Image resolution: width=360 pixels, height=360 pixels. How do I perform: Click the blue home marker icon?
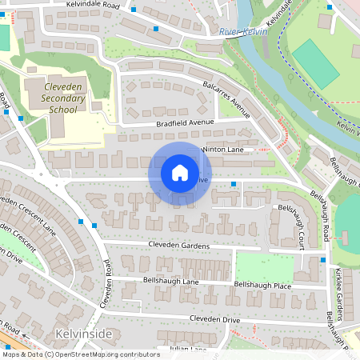pos(180,173)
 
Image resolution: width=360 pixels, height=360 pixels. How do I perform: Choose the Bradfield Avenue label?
pos(186,122)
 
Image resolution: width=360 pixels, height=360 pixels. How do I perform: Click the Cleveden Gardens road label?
pos(178,245)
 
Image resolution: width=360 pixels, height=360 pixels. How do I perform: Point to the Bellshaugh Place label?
pos(261,285)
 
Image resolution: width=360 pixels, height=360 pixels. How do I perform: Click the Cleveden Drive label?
pos(214,319)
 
